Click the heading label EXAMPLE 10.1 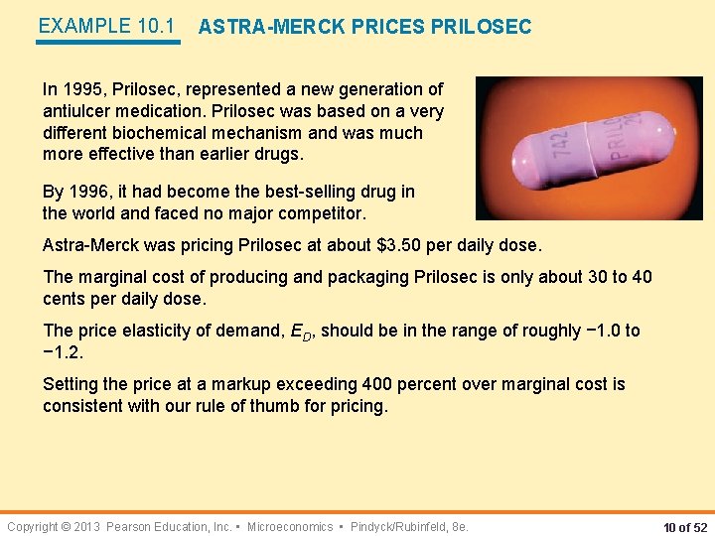[106, 27]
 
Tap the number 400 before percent [377, 384]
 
